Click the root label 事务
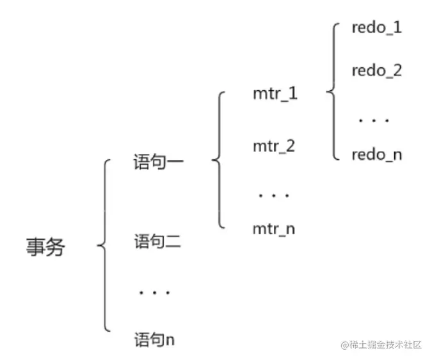click(46, 247)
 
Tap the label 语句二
click(159, 242)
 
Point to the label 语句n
click(154, 339)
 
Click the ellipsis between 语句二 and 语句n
click(154, 293)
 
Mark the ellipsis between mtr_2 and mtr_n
click(274, 194)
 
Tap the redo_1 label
click(376, 29)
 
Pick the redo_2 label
click(376, 70)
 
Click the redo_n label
click(376, 154)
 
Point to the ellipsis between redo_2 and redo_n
click(374, 120)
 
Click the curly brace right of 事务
click(106, 246)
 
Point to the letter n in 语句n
click(170, 340)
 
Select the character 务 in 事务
click(56, 247)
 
